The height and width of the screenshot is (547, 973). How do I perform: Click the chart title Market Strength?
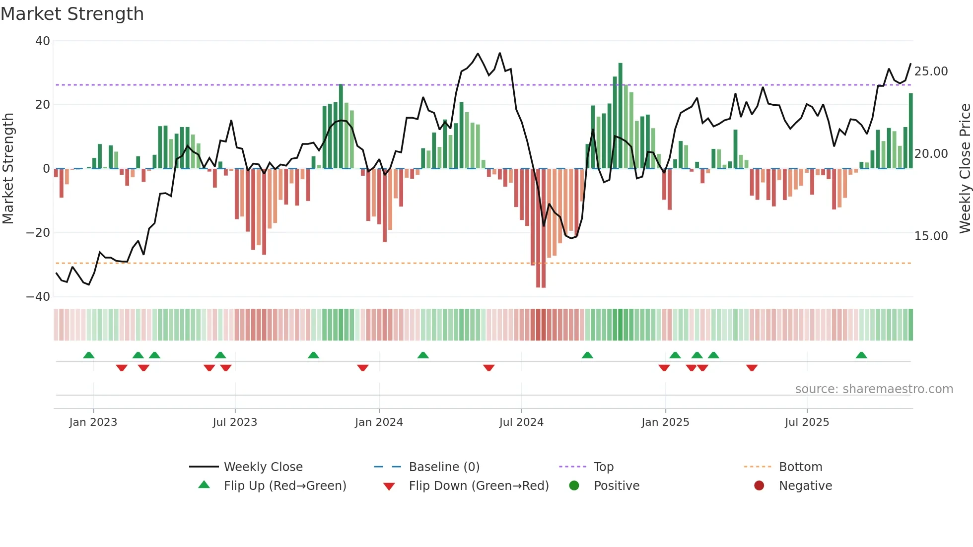pyautogui.click(x=72, y=14)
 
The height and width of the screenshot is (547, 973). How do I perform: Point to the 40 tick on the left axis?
pyautogui.click(x=43, y=41)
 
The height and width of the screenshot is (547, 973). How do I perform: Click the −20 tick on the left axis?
pyautogui.click(x=39, y=233)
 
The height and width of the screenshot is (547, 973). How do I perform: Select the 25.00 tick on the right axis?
pyautogui.click(x=931, y=71)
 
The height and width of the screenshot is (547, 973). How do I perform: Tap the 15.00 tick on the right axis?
pyautogui.click(x=931, y=236)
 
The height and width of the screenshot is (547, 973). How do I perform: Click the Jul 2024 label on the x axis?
pyautogui.click(x=521, y=422)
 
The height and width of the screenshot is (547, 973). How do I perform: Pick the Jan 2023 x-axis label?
pyautogui.click(x=93, y=422)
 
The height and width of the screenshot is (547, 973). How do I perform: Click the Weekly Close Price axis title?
pyautogui.click(x=965, y=169)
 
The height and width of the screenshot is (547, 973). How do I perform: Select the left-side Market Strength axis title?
pyautogui.click(x=8, y=169)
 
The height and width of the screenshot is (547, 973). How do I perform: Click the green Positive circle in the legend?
pyautogui.click(x=574, y=486)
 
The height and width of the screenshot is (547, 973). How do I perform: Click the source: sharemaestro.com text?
pyautogui.click(x=874, y=389)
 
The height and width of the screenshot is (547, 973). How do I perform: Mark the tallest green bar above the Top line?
pyautogui.click(x=620, y=114)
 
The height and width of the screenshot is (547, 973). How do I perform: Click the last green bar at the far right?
pyautogui.click(x=910, y=131)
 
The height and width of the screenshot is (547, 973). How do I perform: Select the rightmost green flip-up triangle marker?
pyautogui.click(x=861, y=355)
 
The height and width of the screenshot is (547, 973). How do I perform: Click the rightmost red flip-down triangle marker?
pyautogui.click(x=752, y=368)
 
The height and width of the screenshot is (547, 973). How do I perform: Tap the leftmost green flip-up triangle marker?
pyautogui.click(x=89, y=355)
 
